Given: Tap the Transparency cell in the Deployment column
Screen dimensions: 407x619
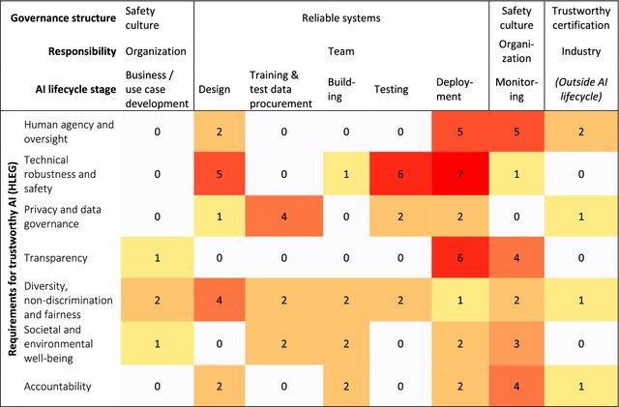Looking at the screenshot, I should point(451,257).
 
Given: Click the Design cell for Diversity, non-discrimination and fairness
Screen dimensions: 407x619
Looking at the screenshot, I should point(220,300).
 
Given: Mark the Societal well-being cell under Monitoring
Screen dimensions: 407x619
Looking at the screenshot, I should point(517,342).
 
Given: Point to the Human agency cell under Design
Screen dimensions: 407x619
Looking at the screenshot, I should point(220,130).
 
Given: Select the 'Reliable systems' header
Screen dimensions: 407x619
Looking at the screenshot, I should point(339,16).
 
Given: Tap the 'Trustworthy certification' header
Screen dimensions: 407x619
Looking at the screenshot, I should point(582,16).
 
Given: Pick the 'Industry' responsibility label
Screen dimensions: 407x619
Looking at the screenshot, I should point(582,50).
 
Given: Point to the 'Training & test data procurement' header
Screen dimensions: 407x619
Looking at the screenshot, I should point(281,89).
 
